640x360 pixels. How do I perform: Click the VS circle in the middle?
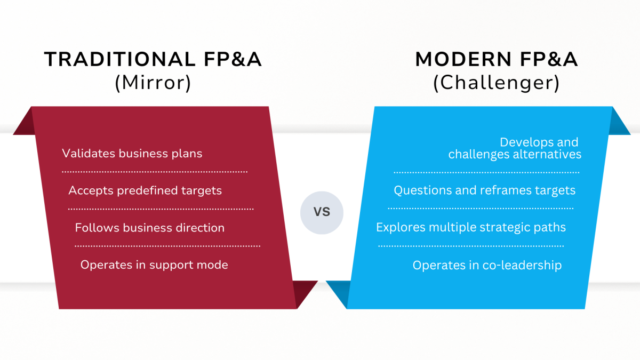pyautogui.click(x=322, y=213)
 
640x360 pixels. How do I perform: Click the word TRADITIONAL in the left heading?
pyautogui.click(x=120, y=59)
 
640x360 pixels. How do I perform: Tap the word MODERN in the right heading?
pyautogui.click(x=463, y=59)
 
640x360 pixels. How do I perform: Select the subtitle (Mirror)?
pyautogui.click(x=153, y=83)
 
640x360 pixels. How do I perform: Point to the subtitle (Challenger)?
pyautogui.click(x=497, y=83)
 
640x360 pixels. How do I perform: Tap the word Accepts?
pyautogui.click(x=91, y=191)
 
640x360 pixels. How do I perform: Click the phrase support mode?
pyautogui.click(x=189, y=265)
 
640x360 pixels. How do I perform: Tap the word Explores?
pyautogui.click(x=401, y=227)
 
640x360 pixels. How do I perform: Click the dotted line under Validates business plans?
pyautogui.click(x=155, y=172)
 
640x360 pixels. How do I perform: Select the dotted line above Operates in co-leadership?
pyautogui.click(x=471, y=246)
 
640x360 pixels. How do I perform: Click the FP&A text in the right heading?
pyautogui.click(x=549, y=59)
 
